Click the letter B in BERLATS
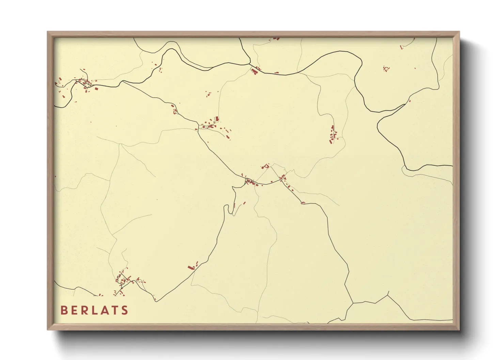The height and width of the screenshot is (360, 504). coord(63,310)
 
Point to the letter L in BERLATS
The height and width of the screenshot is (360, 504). coord(96,310)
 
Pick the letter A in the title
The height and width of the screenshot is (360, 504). coord(105,310)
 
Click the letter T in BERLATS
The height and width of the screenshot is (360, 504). coord(115,310)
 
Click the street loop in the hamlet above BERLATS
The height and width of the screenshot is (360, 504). coord(123,280)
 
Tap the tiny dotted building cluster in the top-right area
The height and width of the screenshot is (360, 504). coord(386,69)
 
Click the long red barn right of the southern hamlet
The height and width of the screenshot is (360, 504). coord(190,267)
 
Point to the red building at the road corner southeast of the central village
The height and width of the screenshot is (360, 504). coord(303,203)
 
